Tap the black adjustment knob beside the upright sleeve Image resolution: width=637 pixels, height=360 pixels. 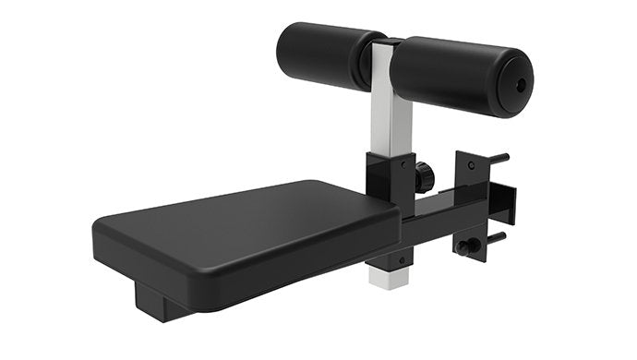coord(425,175)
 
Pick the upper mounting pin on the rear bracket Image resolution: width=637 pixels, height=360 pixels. coord(498,158)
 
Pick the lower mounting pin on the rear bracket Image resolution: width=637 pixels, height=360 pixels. coord(496,238)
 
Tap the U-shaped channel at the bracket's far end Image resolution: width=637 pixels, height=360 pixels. coord(504,199)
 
